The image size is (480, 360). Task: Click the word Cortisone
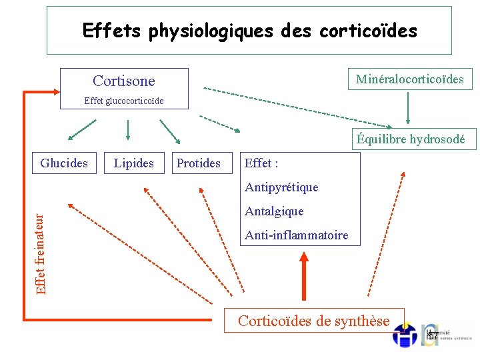124,81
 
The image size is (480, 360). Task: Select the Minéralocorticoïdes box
410,79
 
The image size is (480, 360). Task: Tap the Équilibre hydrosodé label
415,139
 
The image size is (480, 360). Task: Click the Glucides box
64,163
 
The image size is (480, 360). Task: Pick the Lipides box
134,163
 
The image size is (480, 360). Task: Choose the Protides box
199,163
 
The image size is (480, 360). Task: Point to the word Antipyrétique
281,187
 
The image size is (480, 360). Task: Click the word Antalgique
274,211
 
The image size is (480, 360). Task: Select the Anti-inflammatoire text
296,235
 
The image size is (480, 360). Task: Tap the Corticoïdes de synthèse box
314,321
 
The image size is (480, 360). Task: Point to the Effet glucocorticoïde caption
124,101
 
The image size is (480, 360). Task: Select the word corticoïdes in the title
368,31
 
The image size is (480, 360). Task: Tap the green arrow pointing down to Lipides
128,130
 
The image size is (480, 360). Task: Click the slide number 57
433,335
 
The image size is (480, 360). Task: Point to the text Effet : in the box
261,163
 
